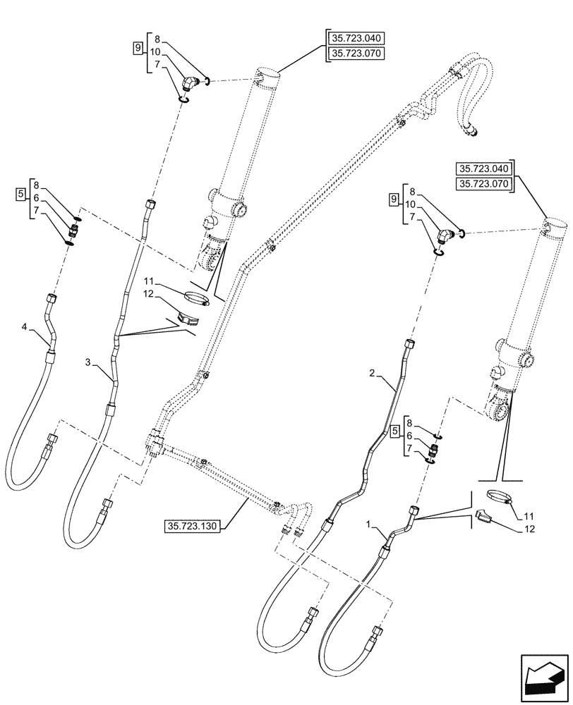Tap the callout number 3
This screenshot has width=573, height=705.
87,362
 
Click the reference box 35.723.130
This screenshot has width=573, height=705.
192,526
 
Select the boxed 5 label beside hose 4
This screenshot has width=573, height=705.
20,193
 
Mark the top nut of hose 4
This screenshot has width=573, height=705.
51,298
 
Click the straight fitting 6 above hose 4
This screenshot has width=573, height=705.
73,231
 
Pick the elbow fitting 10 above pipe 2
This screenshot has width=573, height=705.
443,235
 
